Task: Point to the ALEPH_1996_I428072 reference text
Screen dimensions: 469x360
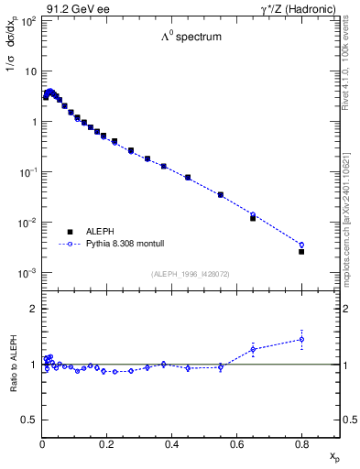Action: (x=191, y=273)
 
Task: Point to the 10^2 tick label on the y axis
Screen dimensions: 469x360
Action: (x=28, y=20)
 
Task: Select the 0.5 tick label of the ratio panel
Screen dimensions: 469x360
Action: (x=29, y=420)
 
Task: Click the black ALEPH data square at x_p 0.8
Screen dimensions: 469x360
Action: (x=301, y=251)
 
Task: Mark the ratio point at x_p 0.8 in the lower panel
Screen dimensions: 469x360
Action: (x=301, y=339)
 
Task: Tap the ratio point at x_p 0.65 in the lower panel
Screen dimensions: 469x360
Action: (x=253, y=348)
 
